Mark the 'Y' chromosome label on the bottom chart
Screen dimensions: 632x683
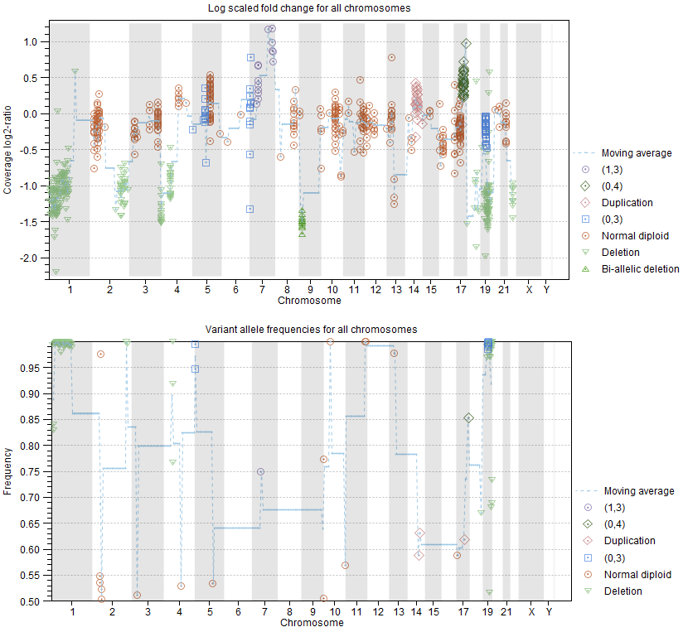[x=549, y=612]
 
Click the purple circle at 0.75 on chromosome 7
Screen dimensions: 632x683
[x=260, y=471]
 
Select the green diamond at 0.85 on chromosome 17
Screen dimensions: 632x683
[x=468, y=418]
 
